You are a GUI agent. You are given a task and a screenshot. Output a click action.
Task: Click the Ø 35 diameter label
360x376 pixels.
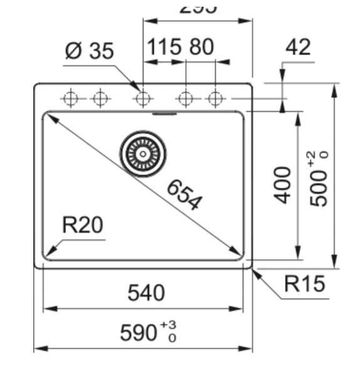pyautogui.click(x=90, y=50)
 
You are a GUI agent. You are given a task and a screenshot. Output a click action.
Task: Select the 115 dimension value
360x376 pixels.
pyautogui.click(x=164, y=47)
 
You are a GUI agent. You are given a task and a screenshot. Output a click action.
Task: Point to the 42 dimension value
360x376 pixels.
pyautogui.click(x=298, y=47)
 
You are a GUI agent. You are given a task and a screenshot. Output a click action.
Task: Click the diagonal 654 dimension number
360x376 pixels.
pyautogui.click(x=185, y=194)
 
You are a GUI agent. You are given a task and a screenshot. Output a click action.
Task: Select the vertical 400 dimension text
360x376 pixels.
pyautogui.click(x=284, y=185)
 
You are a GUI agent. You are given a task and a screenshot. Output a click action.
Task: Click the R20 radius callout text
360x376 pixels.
pyautogui.click(x=83, y=225)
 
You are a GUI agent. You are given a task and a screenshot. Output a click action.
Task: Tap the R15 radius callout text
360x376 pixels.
pyautogui.click(x=304, y=284)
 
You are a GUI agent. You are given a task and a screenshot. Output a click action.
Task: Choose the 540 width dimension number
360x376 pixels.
pyautogui.click(x=146, y=293)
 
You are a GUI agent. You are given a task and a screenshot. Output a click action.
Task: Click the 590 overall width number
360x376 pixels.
pyautogui.click(x=139, y=333)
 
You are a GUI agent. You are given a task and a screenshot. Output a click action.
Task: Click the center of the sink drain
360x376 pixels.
pyautogui.click(x=143, y=153)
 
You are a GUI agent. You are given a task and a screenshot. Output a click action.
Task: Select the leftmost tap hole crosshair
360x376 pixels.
pyautogui.click(x=71, y=98)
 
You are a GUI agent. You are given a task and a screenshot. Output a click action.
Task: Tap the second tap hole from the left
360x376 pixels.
pyautogui.click(x=100, y=98)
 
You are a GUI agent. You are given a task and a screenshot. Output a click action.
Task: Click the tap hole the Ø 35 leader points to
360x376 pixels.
pyautogui.click(x=143, y=98)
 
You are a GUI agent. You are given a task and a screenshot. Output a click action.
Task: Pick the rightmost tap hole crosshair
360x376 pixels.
pyautogui.click(x=215, y=98)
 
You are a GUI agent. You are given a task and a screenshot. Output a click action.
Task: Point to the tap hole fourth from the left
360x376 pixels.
pyautogui.click(x=185, y=98)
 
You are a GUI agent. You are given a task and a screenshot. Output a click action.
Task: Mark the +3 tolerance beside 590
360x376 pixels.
pyautogui.click(x=168, y=325)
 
